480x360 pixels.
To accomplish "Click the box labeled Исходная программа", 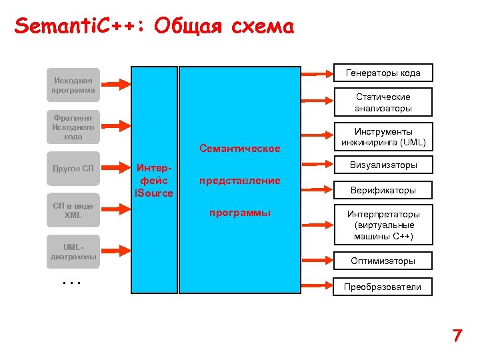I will click(x=73, y=85).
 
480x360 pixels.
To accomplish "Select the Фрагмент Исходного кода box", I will click(x=73, y=127).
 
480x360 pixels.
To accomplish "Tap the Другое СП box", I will click(x=73, y=168).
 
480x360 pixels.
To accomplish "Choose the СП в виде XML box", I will click(x=73, y=210).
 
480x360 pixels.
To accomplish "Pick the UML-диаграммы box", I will click(x=73, y=251).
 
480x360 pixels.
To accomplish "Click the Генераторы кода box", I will click(x=383, y=73).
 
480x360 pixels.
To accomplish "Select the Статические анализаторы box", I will click(x=383, y=102).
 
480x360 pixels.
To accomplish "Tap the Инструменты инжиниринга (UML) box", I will click(x=383, y=137).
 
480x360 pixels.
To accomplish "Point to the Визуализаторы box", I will click(x=383, y=165).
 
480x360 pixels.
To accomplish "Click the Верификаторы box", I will click(x=383, y=190).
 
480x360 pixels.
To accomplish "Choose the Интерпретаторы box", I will click(x=383, y=225).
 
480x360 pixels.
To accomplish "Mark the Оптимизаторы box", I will click(x=383, y=261).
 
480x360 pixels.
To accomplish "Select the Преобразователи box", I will click(x=383, y=287).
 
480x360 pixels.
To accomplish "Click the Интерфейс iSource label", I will click(x=154, y=180).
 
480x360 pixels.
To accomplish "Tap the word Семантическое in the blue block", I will click(x=239, y=148).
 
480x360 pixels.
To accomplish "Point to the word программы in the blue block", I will click(x=239, y=213).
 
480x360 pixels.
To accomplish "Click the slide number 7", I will click(x=457, y=335).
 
